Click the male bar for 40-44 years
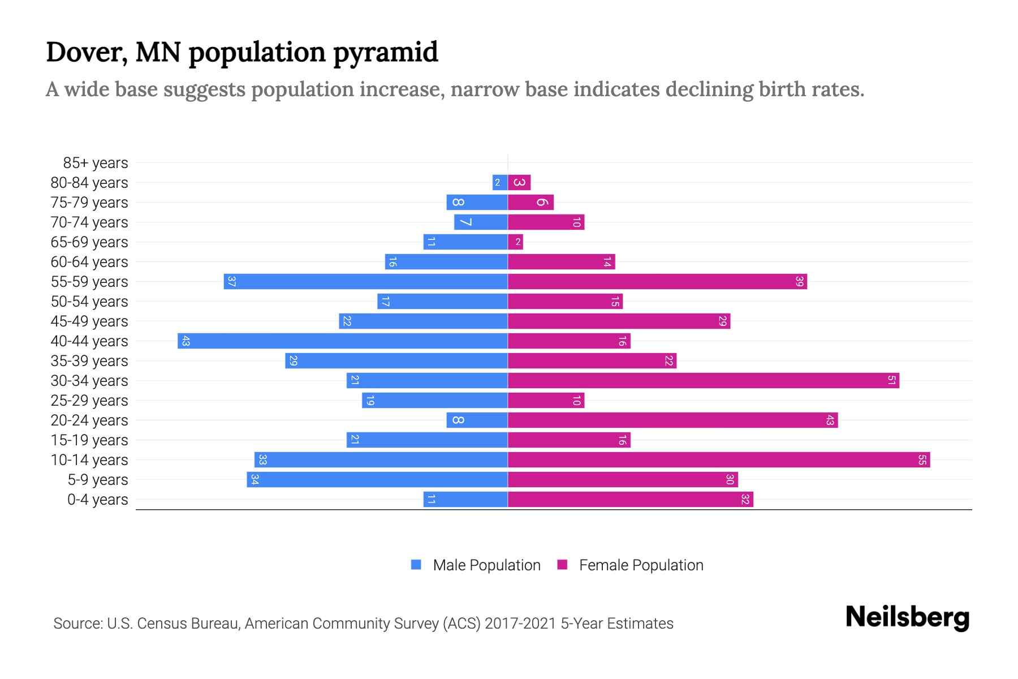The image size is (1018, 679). click(x=343, y=341)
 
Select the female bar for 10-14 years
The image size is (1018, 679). click(x=718, y=460)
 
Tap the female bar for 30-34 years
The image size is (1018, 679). click(x=703, y=381)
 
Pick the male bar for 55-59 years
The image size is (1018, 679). click(x=365, y=282)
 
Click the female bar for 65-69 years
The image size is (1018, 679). click(x=515, y=242)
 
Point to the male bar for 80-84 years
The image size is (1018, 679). click(x=500, y=183)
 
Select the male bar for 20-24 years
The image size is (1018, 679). click(x=477, y=420)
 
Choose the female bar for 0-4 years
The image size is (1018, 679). click(x=630, y=500)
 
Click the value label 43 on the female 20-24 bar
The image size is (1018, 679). click(x=830, y=420)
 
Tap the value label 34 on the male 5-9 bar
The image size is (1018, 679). click(x=255, y=480)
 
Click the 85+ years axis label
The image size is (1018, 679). click(x=95, y=163)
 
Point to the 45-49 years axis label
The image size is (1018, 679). click(x=89, y=321)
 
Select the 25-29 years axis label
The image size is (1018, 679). click(x=89, y=401)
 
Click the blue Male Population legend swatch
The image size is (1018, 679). click(x=416, y=565)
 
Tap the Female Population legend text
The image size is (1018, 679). click(x=641, y=565)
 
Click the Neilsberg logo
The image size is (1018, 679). click(x=907, y=617)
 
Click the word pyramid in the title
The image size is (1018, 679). click(x=385, y=52)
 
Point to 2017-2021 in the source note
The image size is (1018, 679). click(x=520, y=624)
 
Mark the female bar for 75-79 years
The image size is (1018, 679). click(x=530, y=203)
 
